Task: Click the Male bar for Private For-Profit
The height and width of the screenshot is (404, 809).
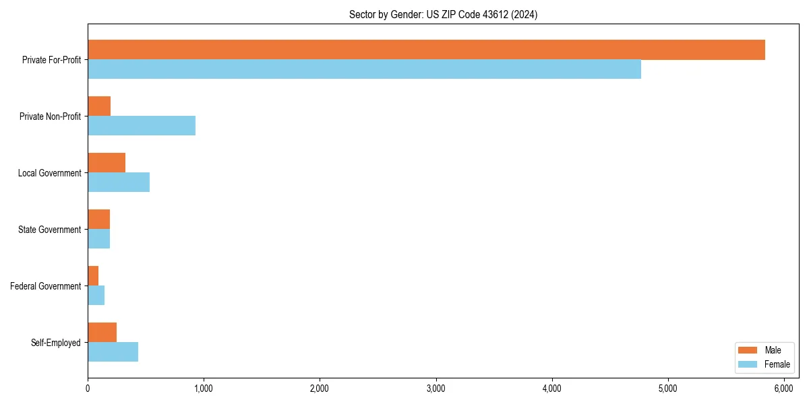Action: pos(426,50)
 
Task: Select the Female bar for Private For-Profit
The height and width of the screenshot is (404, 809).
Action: pos(364,69)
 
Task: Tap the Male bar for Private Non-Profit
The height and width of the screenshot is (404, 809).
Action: pos(99,106)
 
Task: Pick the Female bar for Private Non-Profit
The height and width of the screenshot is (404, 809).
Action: pos(142,126)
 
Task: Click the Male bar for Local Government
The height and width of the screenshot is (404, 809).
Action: pos(107,163)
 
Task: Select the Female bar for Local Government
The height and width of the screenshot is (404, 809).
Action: pos(119,182)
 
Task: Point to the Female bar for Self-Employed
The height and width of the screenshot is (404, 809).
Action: pos(113,352)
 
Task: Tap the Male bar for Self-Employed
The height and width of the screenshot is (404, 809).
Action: pos(102,333)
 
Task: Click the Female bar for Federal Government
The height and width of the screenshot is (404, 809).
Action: pos(96,296)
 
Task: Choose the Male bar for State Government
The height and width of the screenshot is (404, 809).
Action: pos(98,220)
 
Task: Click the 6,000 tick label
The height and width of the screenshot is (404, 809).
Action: pos(784,389)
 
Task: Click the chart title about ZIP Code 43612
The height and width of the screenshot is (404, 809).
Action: pos(443,14)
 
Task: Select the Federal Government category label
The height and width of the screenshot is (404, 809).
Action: pos(46,286)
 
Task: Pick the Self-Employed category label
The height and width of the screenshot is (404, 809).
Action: pos(56,343)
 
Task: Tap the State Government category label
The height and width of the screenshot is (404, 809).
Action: pos(49,230)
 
